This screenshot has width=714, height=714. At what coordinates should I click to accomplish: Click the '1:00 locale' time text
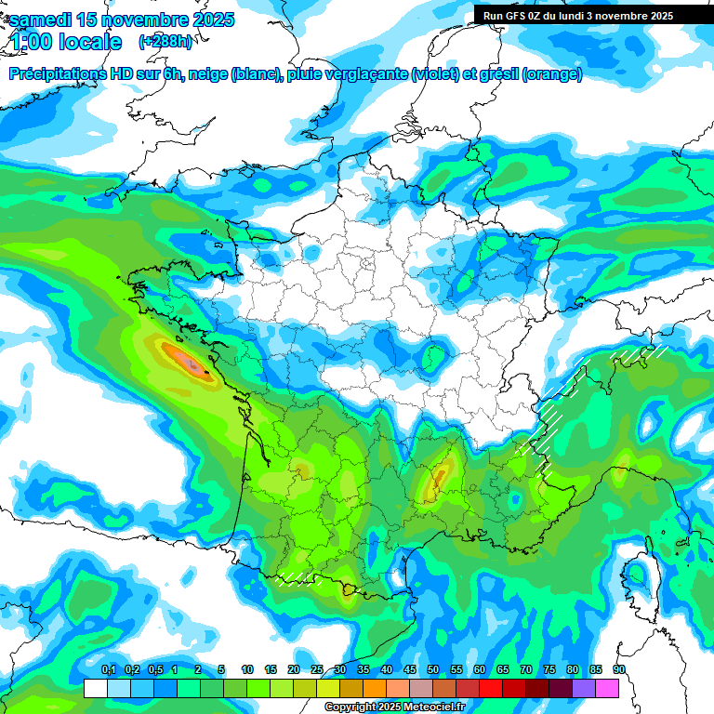click(x=66, y=42)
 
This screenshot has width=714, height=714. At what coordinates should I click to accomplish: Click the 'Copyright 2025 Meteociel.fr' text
click(x=394, y=707)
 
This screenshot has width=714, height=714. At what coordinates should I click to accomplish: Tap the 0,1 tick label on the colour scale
click(x=108, y=670)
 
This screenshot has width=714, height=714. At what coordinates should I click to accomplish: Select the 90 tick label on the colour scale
click(x=618, y=670)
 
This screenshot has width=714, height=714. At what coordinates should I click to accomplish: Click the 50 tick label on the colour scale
click(x=433, y=670)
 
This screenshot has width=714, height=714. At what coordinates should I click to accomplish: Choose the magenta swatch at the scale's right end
click(x=607, y=688)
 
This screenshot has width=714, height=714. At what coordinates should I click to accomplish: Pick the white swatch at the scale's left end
click(x=95, y=688)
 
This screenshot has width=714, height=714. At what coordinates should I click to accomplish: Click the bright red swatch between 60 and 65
click(x=491, y=688)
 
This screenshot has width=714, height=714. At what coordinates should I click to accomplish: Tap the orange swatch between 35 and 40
click(x=375, y=688)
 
